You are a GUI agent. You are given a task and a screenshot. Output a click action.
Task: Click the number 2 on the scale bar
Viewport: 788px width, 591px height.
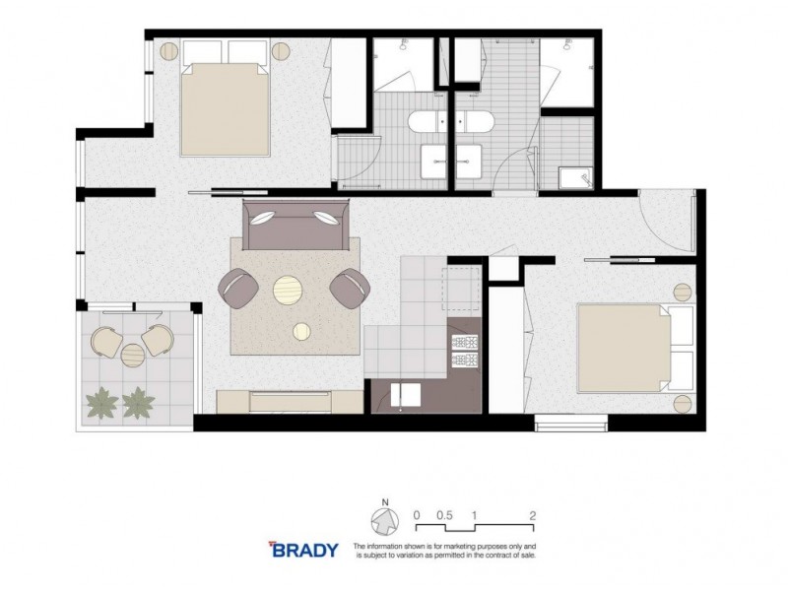click(532, 514)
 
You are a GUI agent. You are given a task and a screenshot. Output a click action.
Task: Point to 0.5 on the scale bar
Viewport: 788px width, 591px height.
click(444, 514)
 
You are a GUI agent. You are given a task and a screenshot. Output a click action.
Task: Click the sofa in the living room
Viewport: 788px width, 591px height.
click(296, 227)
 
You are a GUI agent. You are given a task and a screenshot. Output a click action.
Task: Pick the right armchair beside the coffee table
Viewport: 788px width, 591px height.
click(350, 287)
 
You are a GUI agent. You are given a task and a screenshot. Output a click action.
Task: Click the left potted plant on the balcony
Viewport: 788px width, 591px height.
click(100, 401)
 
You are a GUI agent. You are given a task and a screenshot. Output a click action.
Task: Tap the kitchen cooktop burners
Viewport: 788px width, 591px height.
click(463, 342)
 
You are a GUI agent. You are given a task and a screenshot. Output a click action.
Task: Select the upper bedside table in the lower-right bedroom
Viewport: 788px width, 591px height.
click(683, 291)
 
